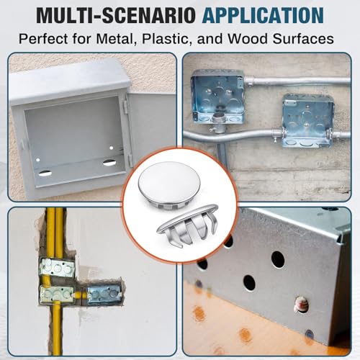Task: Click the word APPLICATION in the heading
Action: click(263, 15)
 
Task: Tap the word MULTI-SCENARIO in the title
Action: click(117, 15)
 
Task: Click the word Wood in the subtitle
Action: click(247, 39)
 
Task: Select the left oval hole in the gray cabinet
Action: click(45, 173)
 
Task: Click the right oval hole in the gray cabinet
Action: click(109, 163)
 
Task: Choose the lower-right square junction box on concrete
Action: click(308, 120)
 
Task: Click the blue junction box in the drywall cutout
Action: click(104, 294)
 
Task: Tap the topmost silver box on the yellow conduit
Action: click(57, 266)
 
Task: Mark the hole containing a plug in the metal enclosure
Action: click(302, 305)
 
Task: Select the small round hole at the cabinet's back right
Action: click(111, 148)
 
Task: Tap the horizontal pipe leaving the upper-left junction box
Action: click(297, 81)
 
